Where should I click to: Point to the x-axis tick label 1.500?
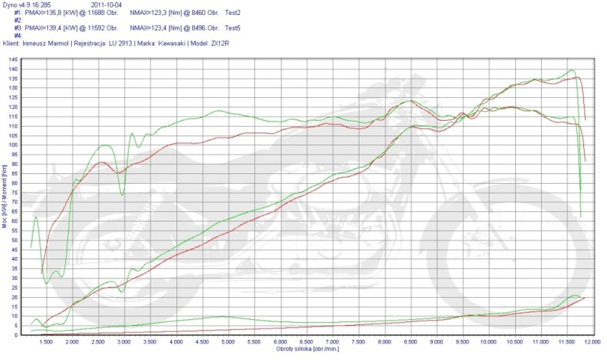[46, 343]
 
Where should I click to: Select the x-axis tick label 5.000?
[228, 343]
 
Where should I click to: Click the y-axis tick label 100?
[14, 145]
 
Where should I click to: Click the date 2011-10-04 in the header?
[107, 5]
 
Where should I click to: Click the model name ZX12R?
[220, 44]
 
